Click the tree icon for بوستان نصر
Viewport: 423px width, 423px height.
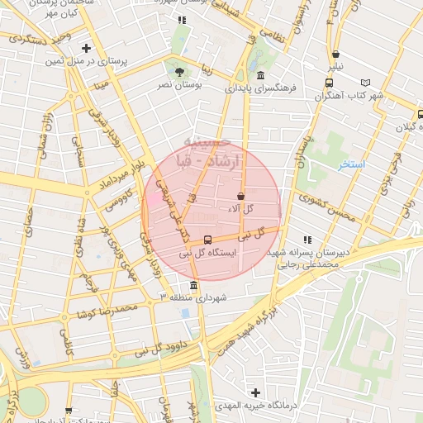pos(175,72)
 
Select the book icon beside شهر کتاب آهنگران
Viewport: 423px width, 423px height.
pos(366,83)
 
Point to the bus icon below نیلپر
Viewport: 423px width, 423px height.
pos(330,83)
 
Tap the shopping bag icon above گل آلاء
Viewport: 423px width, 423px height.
pos(240,197)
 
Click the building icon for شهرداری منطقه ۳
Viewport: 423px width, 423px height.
pos(192,286)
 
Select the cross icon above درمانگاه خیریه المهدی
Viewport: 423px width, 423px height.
pos(256,392)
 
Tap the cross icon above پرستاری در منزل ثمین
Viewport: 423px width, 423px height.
pos(85,49)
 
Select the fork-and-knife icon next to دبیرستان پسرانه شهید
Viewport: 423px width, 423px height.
pos(308,240)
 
